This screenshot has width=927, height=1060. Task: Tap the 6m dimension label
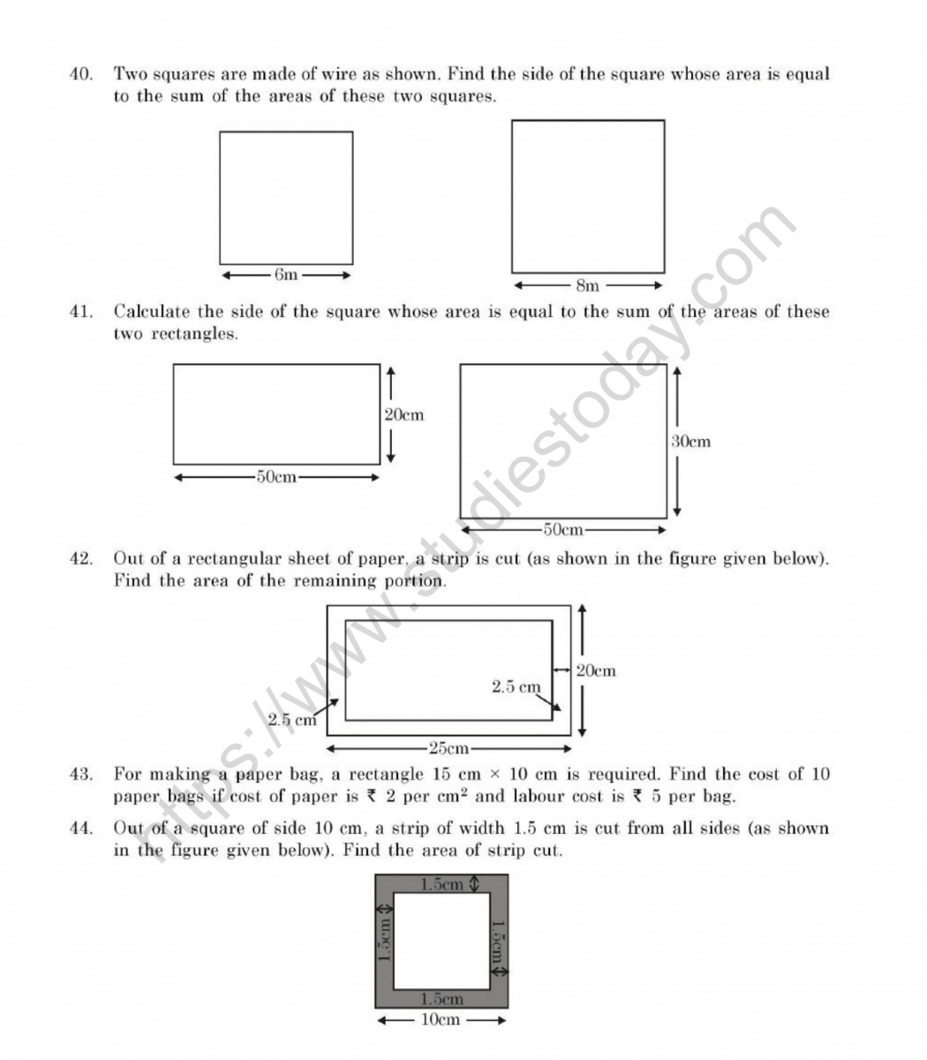coord(286,275)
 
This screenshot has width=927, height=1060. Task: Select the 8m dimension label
coord(587,285)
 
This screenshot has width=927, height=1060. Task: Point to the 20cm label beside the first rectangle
coord(404,414)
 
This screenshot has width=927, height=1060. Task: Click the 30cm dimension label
coord(690,441)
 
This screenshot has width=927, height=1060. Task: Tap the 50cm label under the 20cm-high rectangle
coord(276,477)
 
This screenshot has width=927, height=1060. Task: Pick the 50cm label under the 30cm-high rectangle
coord(562,530)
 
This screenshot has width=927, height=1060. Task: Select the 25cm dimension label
coord(448,749)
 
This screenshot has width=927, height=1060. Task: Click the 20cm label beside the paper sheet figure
coord(596,670)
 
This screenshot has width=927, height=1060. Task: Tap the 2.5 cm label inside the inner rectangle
coord(516,686)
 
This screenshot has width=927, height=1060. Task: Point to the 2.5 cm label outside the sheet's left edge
coord(292,720)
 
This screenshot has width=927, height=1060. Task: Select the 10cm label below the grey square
coord(440,1020)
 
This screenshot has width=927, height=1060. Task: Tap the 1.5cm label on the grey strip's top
coord(441,883)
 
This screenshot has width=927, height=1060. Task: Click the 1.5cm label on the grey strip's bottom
coord(441,999)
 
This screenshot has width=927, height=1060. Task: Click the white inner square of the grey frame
coord(441,941)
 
